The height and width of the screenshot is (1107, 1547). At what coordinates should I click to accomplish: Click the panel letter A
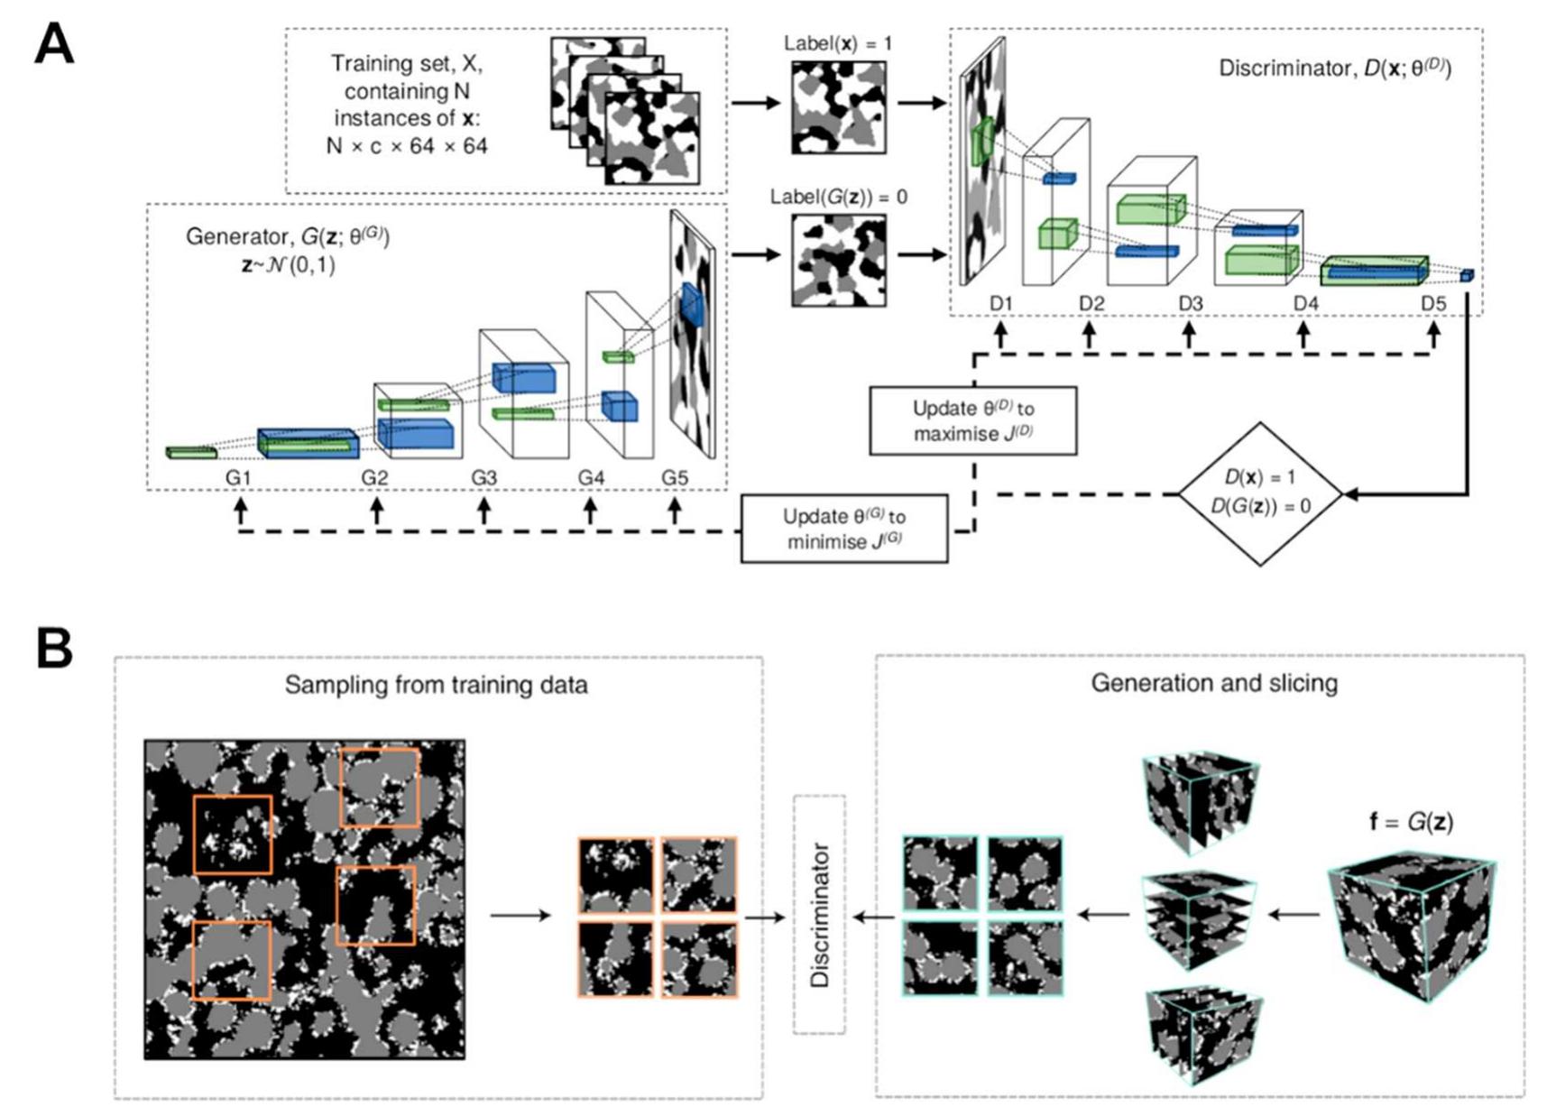click(x=54, y=44)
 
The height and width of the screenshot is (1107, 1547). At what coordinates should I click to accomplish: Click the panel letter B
click(x=54, y=647)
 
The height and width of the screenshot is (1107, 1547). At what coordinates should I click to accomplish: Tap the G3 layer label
click(x=483, y=477)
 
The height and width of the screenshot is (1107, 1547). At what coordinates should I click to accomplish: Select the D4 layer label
click(x=1305, y=304)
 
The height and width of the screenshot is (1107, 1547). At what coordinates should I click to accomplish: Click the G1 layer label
click(x=237, y=477)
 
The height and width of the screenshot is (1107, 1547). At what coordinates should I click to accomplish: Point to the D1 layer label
click(x=1001, y=304)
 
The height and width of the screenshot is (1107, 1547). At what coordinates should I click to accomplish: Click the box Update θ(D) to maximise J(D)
click(x=972, y=420)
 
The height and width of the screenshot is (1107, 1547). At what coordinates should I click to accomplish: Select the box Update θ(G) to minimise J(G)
click(x=843, y=529)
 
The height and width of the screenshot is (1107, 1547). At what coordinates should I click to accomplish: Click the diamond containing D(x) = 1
click(x=1260, y=493)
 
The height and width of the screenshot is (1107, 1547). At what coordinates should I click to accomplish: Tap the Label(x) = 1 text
click(x=838, y=43)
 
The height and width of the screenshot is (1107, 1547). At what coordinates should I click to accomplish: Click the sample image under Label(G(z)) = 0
click(x=838, y=261)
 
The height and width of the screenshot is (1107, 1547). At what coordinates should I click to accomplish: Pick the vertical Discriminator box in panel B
click(x=819, y=914)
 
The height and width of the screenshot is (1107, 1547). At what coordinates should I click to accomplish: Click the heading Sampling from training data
click(x=436, y=685)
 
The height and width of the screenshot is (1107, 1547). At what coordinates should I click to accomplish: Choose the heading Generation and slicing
click(x=1213, y=683)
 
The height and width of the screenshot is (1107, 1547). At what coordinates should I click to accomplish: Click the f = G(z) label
click(x=1411, y=822)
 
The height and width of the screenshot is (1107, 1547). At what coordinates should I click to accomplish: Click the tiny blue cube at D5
click(x=1467, y=274)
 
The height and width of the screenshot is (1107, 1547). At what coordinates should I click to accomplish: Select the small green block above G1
click(x=191, y=451)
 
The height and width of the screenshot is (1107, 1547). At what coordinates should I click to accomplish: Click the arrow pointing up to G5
click(x=675, y=511)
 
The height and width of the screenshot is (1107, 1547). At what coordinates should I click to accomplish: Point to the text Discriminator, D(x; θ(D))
click(x=1334, y=69)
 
